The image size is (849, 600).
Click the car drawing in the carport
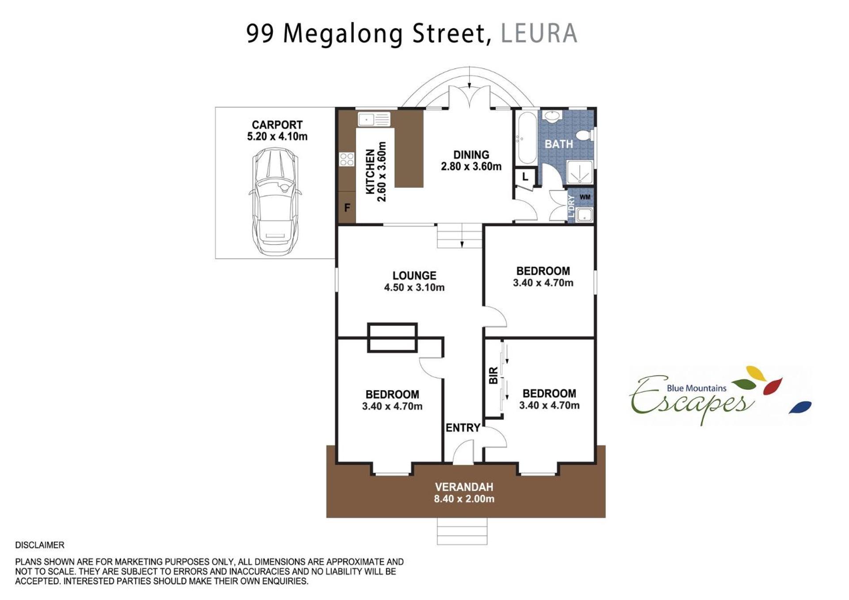coord(275,202)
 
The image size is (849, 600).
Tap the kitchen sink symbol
coord(374,119)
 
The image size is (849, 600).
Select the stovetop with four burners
coord(347,159)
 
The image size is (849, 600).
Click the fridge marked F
coord(347,207)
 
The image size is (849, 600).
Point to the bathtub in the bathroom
coord(527,137)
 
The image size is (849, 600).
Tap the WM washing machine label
coord(585,197)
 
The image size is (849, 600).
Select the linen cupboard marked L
coord(525,177)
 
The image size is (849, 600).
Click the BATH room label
coord(558,144)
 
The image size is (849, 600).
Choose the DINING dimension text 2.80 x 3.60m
coord(471,167)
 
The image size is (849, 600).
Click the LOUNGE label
coord(414,276)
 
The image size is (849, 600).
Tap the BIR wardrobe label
coord(493,375)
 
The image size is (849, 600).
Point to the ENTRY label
coord(463,428)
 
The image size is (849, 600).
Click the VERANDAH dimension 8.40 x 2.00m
coord(464,499)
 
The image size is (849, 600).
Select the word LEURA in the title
coord(539,33)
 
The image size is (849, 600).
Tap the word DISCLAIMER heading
coord(40,545)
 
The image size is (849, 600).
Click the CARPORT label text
coord(277,125)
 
